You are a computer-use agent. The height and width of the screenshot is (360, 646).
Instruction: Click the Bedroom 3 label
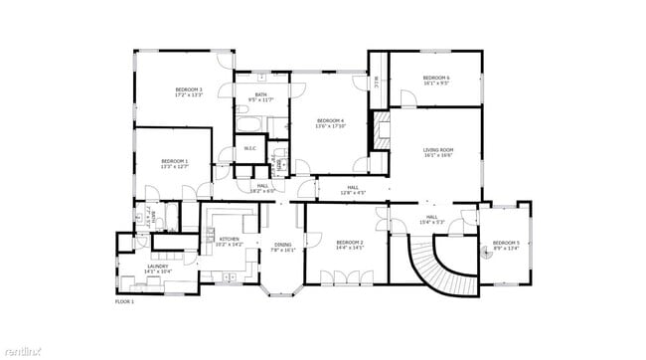[189, 92]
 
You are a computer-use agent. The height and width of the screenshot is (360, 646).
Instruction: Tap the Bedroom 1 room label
[174, 163]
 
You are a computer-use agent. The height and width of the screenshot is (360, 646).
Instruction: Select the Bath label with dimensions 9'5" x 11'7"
[259, 96]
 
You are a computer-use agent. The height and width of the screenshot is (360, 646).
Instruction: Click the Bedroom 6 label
[436, 81]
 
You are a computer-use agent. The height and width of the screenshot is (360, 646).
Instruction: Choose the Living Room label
[438, 152]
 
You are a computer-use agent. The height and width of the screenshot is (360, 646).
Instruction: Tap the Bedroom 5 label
[506, 245]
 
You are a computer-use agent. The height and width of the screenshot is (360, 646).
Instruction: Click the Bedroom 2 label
[350, 245]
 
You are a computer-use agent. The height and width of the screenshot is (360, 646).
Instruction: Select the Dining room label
[284, 248]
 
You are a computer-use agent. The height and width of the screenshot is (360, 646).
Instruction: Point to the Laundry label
[159, 268]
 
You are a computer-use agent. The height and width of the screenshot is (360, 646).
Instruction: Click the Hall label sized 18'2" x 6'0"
[263, 187]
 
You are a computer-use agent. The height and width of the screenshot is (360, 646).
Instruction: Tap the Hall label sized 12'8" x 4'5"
[353, 189]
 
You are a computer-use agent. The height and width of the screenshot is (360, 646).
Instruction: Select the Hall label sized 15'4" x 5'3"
[432, 219]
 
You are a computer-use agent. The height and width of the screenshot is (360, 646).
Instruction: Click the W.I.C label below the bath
[250, 149]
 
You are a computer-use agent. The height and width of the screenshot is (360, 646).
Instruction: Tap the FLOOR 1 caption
[124, 300]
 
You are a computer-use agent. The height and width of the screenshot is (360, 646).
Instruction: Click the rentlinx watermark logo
[28, 350]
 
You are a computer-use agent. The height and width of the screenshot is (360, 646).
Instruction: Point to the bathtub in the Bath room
[248, 126]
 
